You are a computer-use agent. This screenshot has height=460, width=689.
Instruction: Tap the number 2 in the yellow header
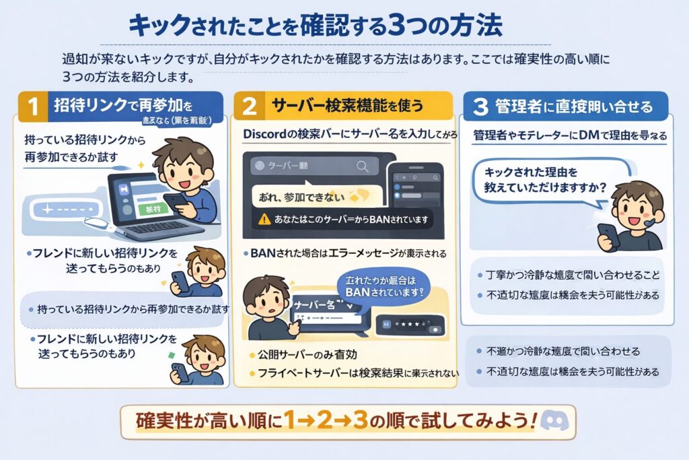(x=249, y=106)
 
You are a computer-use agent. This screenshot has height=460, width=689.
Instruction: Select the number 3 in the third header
(x=480, y=106)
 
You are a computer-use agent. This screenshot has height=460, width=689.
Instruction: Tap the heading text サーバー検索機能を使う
(x=347, y=106)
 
